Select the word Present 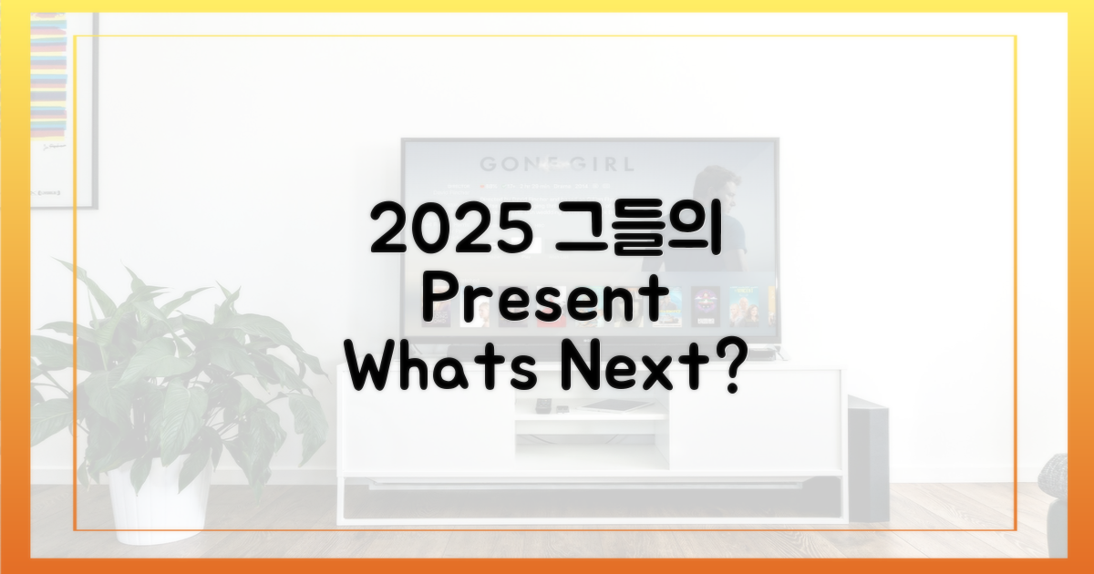click(543, 303)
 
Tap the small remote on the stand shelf click(544, 405)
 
